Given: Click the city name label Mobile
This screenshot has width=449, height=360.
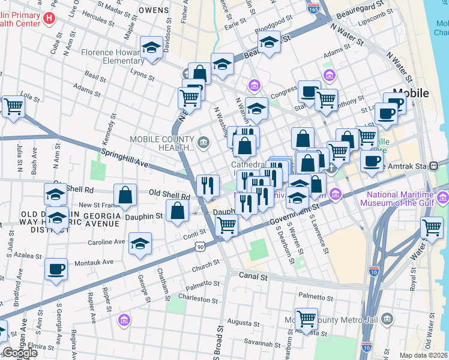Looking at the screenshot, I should click(411, 93).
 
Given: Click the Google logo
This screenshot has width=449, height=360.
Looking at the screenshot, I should click(19, 353).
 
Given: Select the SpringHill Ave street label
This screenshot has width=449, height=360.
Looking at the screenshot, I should click(124, 158).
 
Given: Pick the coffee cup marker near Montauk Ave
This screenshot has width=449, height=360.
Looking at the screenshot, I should click(56, 269).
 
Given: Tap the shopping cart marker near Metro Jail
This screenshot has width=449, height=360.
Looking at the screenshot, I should click(307, 318).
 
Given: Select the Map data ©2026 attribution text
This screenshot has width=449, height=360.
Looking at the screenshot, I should click(423, 355).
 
